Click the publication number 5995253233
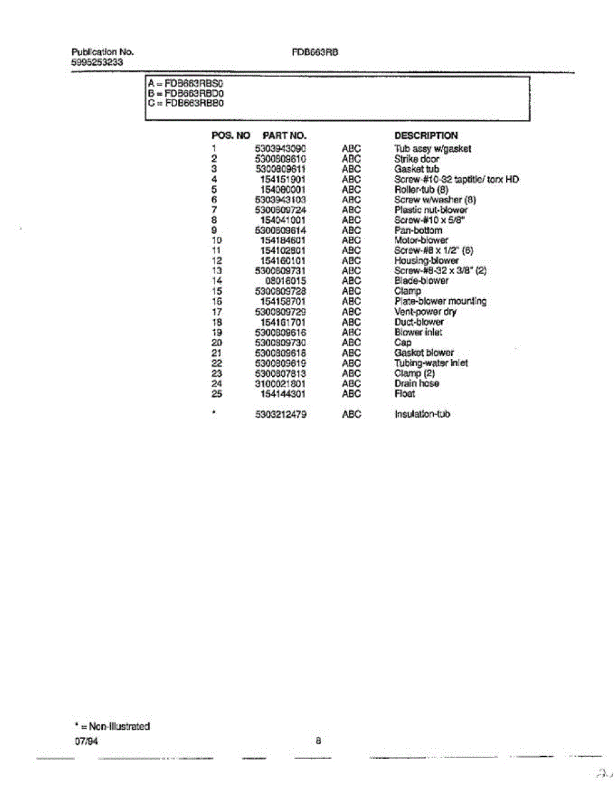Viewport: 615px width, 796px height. pos(97,62)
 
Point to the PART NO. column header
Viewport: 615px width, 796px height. pos(284,135)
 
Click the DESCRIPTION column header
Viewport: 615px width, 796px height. pos(426,135)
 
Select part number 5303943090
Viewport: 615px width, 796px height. pos(280,149)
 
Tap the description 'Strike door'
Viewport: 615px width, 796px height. pos(417,159)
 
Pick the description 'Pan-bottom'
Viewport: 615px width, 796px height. pos(418,230)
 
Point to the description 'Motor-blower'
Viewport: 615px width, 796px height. pos(421,240)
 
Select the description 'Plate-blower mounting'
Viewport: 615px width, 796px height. pos(440,301)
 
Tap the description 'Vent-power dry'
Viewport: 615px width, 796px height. pos(425,312)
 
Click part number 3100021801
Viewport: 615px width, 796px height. pos(280,383)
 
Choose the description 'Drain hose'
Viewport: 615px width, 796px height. pos(417,383)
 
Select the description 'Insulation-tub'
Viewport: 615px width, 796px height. pos(423,414)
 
